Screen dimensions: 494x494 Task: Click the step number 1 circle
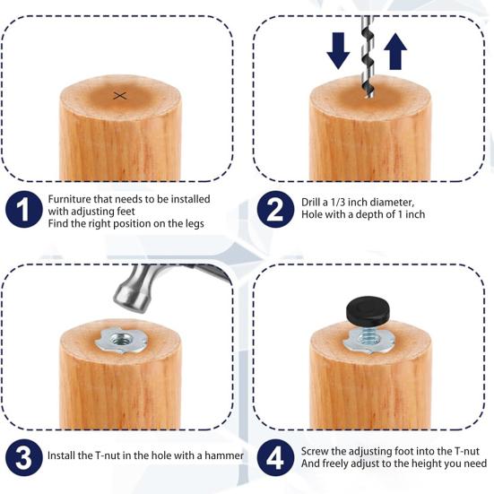pyautogui.click(x=24, y=211)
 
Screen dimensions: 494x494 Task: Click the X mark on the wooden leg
pyautogui.click(x=120, y=95)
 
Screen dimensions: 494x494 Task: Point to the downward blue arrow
pyautogui.click(x=338, y=51)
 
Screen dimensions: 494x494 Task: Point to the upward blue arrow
pyautogui.click(x=395, y=49)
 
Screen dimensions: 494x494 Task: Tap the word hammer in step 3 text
pyautogui.click(x=223, y=456)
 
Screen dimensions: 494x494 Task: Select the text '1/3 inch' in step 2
pyautogui.click(x=358, y=203)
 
